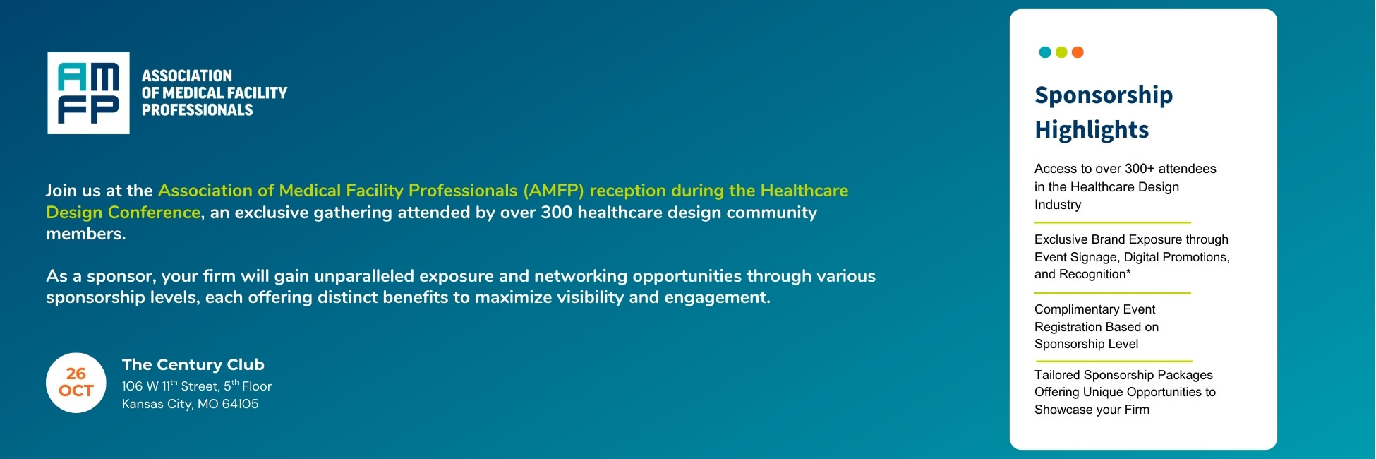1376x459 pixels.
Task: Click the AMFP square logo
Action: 88,93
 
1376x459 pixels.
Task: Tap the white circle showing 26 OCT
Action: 76,383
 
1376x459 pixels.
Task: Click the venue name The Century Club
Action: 193,364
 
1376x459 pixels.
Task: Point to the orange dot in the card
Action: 1078,52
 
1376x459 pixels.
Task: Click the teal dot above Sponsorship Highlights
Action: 1045,52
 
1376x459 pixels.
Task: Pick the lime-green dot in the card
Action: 1061,52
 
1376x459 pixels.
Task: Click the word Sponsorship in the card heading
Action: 1104,95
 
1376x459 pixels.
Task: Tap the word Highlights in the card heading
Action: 1092,130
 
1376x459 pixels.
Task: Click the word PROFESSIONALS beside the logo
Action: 198,110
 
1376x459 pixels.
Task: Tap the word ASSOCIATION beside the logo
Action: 187,76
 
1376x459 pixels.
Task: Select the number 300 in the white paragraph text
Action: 556,213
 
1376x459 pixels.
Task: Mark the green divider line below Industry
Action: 1113,222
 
